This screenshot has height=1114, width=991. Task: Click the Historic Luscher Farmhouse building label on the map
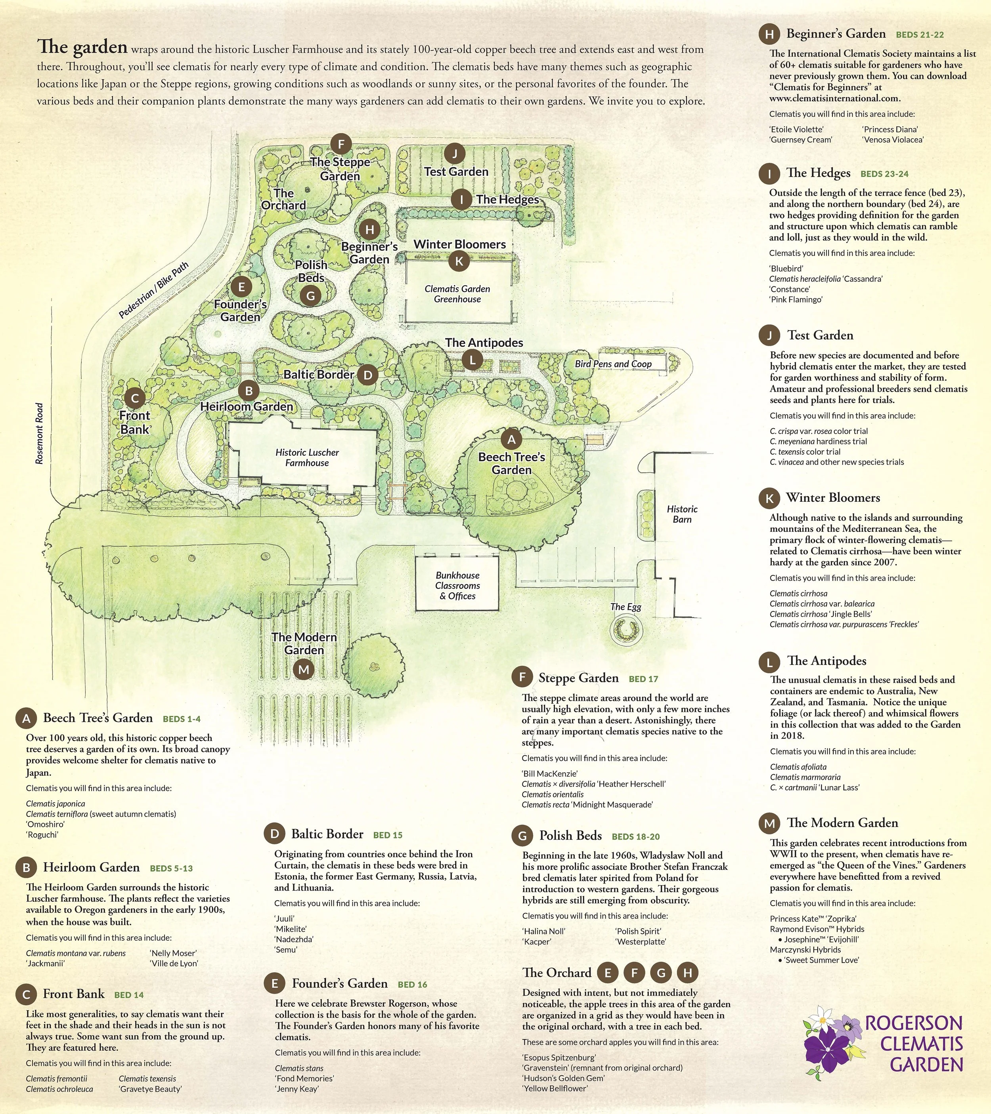click(307, 457)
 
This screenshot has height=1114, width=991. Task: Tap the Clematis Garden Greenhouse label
click(457, 294)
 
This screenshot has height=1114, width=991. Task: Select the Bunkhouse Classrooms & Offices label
click(457, 585)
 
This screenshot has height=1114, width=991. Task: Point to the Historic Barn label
click(682, 514)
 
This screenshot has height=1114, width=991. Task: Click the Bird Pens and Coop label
click(613, 364)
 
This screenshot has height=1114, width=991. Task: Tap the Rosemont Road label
click(39, 433)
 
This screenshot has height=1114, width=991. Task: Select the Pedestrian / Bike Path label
click(154, 290)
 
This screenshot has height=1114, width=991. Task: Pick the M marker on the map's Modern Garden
click(304, 669)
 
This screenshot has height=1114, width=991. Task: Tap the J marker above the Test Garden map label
click(454, 153)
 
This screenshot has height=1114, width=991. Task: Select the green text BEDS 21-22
click(920, 35)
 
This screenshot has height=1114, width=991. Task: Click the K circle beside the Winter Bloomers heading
click(769, 498)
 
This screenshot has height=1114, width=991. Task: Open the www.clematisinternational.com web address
click(834, 99)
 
